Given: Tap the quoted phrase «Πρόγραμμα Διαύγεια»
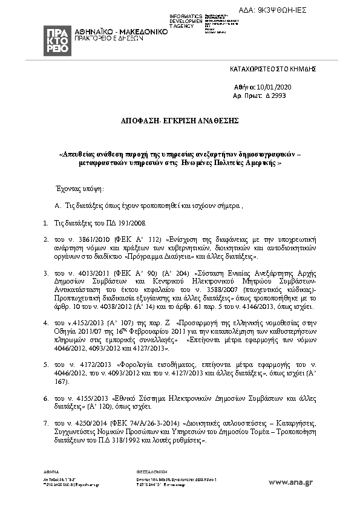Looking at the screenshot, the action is pyautogui.click(x=183, y=256).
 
